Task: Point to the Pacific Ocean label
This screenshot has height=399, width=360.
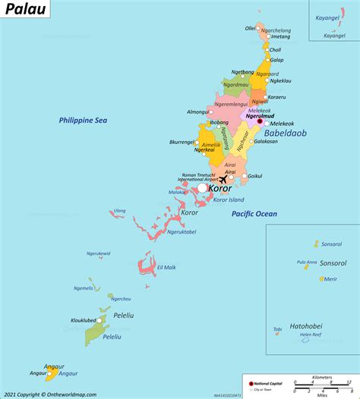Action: pos(254,215)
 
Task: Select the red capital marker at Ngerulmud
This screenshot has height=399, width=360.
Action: pos(259,121)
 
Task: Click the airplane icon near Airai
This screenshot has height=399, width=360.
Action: pos(223,180)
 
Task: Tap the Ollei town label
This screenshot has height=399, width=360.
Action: pos(250,28)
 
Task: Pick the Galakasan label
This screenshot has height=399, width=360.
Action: pos(265,141)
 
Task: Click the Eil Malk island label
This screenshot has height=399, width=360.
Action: pos(166,267)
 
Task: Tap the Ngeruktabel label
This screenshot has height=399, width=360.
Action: pos(181,231)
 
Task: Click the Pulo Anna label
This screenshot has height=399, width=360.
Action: pos(306,262)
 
